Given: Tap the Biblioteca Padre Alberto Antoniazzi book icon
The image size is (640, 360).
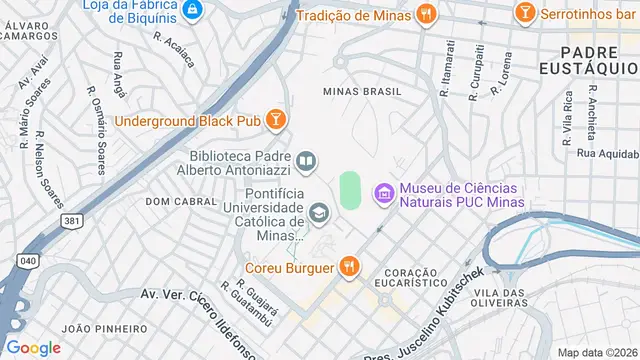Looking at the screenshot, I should (x=307, y=160).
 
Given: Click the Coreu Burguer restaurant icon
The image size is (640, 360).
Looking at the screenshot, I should (x=348, y=267).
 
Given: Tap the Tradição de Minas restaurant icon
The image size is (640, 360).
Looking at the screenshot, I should (x=426, y=13).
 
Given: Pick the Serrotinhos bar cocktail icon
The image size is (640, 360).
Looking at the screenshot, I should (x=524, y=13).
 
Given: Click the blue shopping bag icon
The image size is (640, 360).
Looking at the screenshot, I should (x=193, y=10).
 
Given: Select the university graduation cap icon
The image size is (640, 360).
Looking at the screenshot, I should (x=319, y=211).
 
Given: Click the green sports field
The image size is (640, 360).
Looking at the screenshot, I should (x=349, y=190).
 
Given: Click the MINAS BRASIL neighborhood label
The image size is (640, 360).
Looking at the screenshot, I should (x=362, y=91).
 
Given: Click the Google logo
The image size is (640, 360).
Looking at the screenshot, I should (x=34, y=347).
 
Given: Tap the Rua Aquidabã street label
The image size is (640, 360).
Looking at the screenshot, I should (x=604, y=153).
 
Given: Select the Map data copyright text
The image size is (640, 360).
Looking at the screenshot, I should (x=598, y=352).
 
